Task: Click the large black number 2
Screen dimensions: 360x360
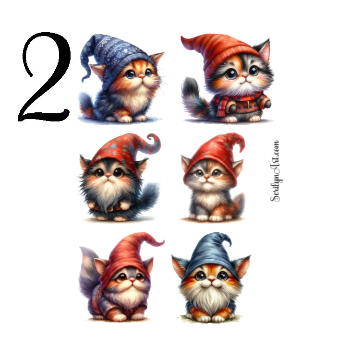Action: (46, 79)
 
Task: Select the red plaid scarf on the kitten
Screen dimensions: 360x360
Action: (240, 103)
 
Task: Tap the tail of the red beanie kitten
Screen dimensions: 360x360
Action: (194, 98)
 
